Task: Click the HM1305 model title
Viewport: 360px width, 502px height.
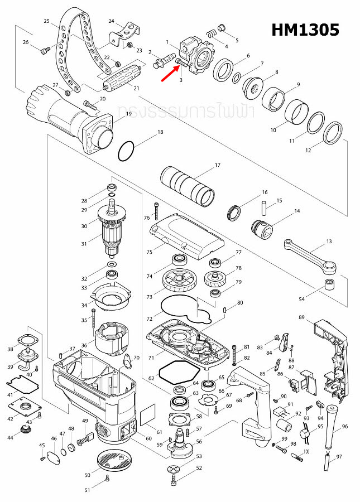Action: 305,30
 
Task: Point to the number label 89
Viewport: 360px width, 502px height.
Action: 301,317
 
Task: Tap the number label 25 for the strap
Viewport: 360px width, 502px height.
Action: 47,21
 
